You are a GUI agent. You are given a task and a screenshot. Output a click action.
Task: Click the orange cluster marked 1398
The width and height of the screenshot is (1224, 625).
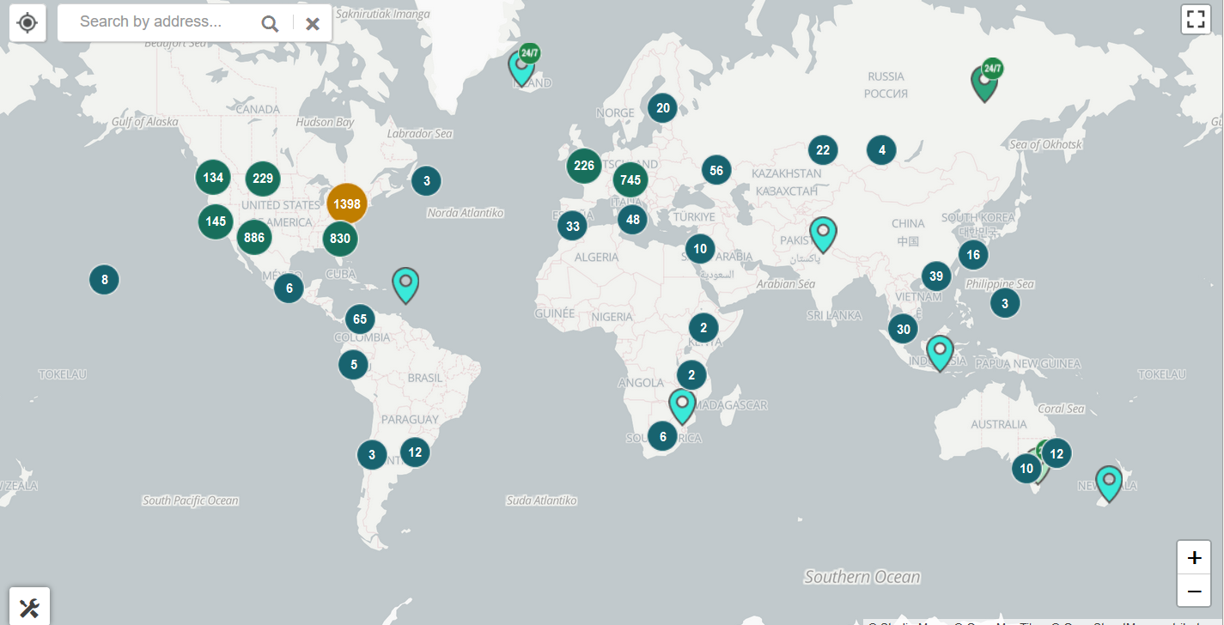coord(347,204)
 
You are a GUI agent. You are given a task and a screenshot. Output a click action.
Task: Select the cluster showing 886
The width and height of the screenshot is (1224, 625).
coord(254,237)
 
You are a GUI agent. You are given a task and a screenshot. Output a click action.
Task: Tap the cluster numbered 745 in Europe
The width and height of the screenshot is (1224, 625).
coord(630,180)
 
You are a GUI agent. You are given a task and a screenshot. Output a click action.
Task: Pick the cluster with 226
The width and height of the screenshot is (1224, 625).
coord(584,166)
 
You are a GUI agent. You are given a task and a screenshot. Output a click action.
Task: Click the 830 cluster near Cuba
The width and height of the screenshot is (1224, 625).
coord(340,239)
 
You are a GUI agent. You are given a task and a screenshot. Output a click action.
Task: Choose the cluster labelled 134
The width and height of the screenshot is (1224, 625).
coord(213,178)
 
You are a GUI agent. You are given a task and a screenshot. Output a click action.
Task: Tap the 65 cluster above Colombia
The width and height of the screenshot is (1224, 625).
coord(360,319)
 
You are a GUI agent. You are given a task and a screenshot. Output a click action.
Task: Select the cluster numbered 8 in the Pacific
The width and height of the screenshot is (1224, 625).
coord(105,279)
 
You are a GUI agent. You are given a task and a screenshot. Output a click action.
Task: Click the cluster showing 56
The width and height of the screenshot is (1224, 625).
coord(716,170)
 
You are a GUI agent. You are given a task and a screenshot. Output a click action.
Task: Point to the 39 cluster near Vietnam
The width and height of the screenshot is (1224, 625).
coord(936,276)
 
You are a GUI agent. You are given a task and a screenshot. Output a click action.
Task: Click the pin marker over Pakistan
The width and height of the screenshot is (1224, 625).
coord(823,233)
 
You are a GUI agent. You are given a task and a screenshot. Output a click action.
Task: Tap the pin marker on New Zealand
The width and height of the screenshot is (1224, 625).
coord(1109,482)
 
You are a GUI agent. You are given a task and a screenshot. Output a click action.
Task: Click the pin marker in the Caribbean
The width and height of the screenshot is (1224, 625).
coord(405,283)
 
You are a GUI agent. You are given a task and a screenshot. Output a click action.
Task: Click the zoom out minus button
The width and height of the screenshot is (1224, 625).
coord(1194,591)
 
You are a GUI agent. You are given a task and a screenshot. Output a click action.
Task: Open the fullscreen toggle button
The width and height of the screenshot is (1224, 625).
coord(1196,20)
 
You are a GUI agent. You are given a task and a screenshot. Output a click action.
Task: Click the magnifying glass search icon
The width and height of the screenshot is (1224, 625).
coord(270,23)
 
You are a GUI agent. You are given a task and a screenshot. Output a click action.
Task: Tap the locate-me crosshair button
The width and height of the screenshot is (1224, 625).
coord(27,22)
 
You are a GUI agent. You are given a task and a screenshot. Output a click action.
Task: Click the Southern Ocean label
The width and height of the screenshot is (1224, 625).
coord(862,577)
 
